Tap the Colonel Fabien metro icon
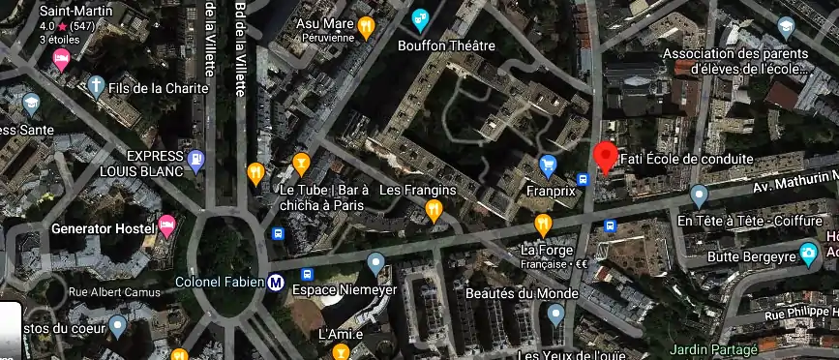276,283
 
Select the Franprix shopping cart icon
548,166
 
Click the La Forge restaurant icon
543,225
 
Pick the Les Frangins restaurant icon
434,208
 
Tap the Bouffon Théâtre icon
419,18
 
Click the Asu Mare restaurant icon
366,26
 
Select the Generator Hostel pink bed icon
166,226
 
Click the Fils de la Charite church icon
96,87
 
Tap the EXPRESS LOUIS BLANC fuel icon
196,162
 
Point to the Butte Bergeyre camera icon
808,255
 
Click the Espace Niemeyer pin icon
375,263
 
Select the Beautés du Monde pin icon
555,315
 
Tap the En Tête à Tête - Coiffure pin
700,197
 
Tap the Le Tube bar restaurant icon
301,162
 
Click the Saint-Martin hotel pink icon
58,61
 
